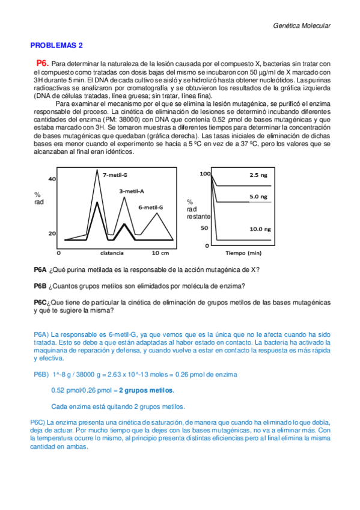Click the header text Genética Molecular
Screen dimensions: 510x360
point(302,26)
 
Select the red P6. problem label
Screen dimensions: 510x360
point(42,63)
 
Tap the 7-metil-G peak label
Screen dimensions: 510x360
point(115,175)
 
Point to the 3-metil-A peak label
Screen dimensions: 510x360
point(130,191)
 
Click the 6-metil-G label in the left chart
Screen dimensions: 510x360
point(150,207)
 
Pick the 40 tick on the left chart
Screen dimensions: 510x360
point(52,179)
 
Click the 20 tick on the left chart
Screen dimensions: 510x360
point(52,234)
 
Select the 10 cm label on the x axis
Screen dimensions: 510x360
point(160,252)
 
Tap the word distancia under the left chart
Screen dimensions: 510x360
point(112,252)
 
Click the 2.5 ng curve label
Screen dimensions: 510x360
point(259,175)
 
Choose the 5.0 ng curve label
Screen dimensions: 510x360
point(259,196)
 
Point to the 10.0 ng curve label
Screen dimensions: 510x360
point(260,229)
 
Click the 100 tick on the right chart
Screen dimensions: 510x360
point(206,173)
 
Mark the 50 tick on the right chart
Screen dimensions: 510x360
point(204,228)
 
